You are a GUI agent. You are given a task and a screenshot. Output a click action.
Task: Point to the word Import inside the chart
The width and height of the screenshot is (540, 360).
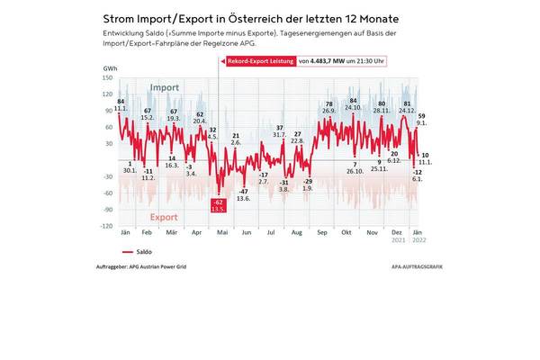(164, 87)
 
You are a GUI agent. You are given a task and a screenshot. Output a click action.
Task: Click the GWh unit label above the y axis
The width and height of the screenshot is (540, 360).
(110, 68)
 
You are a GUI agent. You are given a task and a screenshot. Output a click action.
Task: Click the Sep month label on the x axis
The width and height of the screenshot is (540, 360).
(321, 234)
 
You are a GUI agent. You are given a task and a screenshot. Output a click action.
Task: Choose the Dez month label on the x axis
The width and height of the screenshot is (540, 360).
(397, 234)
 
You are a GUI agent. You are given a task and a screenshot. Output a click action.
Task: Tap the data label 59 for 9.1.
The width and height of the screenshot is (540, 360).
(422, 119)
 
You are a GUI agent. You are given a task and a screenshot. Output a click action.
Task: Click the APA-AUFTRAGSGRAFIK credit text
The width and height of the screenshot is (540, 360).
(418, 266)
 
